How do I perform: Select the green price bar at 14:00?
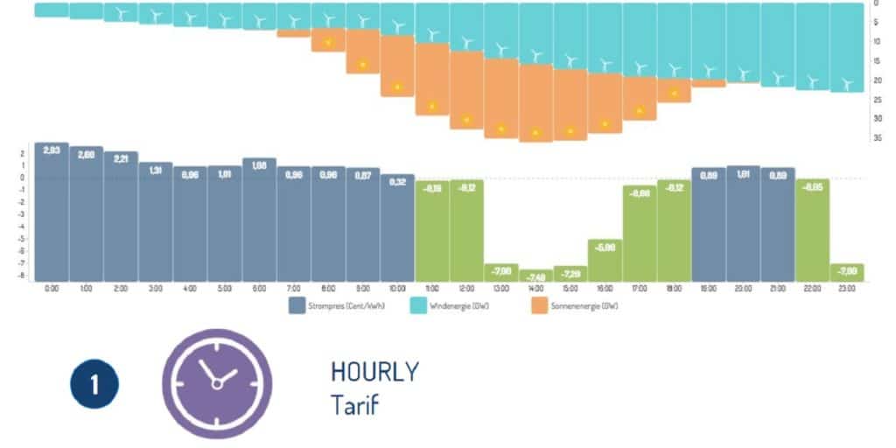(x=535, y=276)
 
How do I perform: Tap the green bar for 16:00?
(x=605, y=260)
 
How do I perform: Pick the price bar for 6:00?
(x=259, y=219)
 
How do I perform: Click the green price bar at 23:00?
(x=846, y=272)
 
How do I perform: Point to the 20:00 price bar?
(x=743, y=223)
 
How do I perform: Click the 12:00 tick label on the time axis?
(x=466, y=288)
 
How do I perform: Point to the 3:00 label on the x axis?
(x=156, y=288)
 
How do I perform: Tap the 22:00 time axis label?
(x=812, y=288)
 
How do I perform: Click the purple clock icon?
(x=217, y=383)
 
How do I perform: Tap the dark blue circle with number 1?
(x=94, y=385)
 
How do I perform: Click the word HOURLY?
(x=374, y=371)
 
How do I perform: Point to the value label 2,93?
(x=52, y=150)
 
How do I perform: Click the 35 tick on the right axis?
(x=877, y=137)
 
